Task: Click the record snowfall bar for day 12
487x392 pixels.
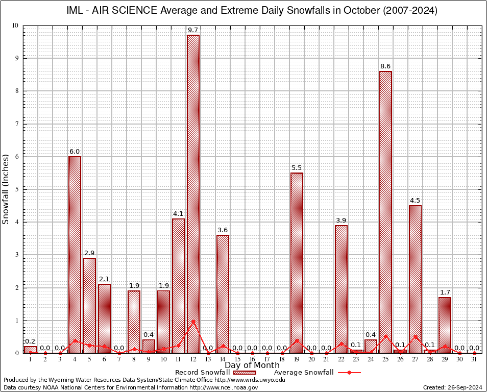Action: pos(193,194)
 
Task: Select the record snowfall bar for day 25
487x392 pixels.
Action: pos(386,212)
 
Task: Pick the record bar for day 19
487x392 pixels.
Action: pos(297,263)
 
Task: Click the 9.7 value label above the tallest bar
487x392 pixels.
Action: pos(193,31)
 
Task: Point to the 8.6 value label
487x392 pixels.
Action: pos(385,66)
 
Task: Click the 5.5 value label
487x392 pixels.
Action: pos(297,168)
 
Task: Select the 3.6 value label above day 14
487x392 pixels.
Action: pos(223,230)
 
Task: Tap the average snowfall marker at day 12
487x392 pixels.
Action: pos(193,321)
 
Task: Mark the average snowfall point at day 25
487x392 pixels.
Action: pos(386,336)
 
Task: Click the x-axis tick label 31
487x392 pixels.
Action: pos(475,359)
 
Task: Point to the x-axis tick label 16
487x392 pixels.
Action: pos(252,359)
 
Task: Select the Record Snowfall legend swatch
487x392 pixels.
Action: pos(245,373)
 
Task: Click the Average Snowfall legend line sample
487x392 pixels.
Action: pos(349,373)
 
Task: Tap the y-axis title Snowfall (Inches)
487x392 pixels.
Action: pos(6,189)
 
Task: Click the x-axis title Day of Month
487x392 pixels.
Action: pos(252,365)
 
